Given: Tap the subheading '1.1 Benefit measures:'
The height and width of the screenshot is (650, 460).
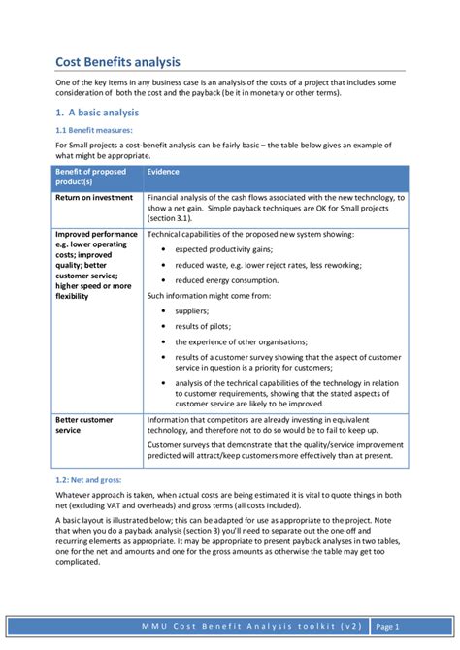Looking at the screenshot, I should (x=93, y=130).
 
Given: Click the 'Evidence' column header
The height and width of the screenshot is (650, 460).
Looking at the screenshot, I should (x=163, y=172).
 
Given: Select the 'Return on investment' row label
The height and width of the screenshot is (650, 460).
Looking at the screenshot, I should (x=94, y=197).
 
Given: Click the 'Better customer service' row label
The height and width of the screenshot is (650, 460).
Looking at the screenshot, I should (x=84, y=425).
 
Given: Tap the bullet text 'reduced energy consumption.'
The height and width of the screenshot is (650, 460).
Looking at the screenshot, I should (x=227, y=280).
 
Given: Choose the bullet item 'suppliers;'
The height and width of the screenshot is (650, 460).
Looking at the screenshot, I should (x=192, y=311).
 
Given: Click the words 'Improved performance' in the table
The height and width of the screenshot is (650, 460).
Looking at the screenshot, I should (x=97, y=234).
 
